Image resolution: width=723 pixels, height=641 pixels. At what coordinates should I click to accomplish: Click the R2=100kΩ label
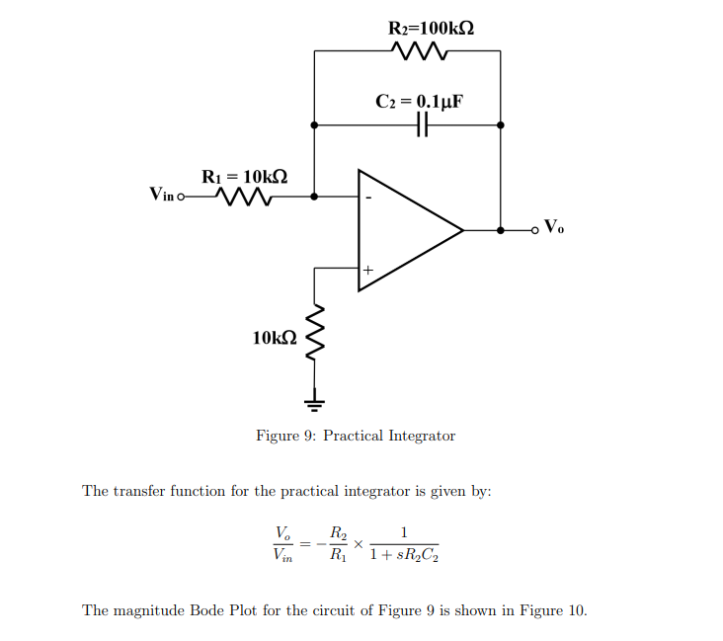(x=432, y=27)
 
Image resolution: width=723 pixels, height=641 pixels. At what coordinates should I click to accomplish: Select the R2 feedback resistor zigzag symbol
(x=420, y=50)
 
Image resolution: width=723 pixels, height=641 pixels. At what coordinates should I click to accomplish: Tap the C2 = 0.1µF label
(x=420, y=101)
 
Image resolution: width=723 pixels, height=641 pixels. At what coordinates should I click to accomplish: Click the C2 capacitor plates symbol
(x=422, y=125)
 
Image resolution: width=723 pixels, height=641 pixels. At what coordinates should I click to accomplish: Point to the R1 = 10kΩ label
(x=244, y=176)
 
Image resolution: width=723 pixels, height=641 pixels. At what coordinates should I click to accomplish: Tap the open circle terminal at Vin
(x=180, y=197)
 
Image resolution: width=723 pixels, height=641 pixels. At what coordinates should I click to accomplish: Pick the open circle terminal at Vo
(x=536, y=230)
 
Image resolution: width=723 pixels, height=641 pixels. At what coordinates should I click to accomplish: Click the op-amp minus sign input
(x=368, y=197)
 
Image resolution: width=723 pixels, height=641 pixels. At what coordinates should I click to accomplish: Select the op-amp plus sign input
(x=367, y=269)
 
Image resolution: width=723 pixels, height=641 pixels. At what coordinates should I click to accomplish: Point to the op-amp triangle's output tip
(x=462, y=230)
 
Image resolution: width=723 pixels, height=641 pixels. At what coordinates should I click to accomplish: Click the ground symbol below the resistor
(x=314, y=402)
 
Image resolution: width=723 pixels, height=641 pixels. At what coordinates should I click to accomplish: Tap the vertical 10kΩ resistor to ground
(x=314, y=337)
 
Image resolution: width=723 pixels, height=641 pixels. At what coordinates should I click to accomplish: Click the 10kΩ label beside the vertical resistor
(x=274, y=338)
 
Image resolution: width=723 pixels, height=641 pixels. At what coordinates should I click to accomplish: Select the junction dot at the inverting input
(x=314, y=197)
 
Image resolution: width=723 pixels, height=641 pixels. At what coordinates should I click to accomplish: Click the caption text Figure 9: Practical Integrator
(x=356, y=436)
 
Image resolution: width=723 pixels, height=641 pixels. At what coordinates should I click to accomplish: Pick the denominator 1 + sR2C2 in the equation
(x=404, y=556)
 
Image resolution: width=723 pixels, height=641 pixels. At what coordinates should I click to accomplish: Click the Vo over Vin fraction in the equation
(x=281, y=545)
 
